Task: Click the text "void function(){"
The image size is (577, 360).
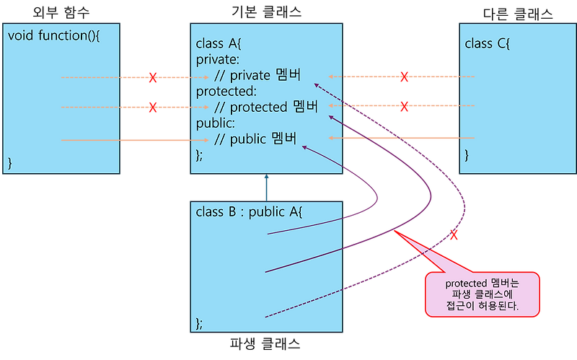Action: click(53, 35)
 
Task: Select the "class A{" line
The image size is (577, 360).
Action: click(219, 44)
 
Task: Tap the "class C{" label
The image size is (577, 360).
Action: click(488, 44)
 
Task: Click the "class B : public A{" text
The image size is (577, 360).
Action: click(250, 213)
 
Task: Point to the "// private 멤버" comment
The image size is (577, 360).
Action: click(257, 76)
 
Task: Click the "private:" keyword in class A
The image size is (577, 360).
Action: click(218, 60)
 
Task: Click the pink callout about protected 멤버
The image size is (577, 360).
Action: click(482, 294)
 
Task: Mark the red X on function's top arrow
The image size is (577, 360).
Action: click(153, 76)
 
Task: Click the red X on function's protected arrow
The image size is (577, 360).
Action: click(153, 107)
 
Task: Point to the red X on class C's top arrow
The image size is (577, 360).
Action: click(405, 76)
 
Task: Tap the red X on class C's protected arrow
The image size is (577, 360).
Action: click(405, 107)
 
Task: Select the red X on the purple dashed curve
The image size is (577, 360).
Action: click(454, 234)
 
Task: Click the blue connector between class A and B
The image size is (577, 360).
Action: click(266, 187)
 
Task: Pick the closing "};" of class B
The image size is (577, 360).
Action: click(200, 322)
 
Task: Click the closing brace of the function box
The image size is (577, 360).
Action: click(10, 162)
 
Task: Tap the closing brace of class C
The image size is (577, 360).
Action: click(467, 154)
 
